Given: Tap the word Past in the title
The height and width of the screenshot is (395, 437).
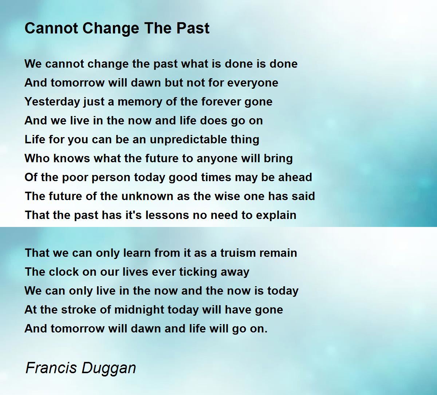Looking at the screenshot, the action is [x=193, y=28].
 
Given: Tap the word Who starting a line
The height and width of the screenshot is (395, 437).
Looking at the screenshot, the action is [x=37, y=158].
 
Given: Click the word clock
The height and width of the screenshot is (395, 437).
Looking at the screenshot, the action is [x=64, y=272].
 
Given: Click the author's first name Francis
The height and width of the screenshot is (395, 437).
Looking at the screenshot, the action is [x=51, y=368].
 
